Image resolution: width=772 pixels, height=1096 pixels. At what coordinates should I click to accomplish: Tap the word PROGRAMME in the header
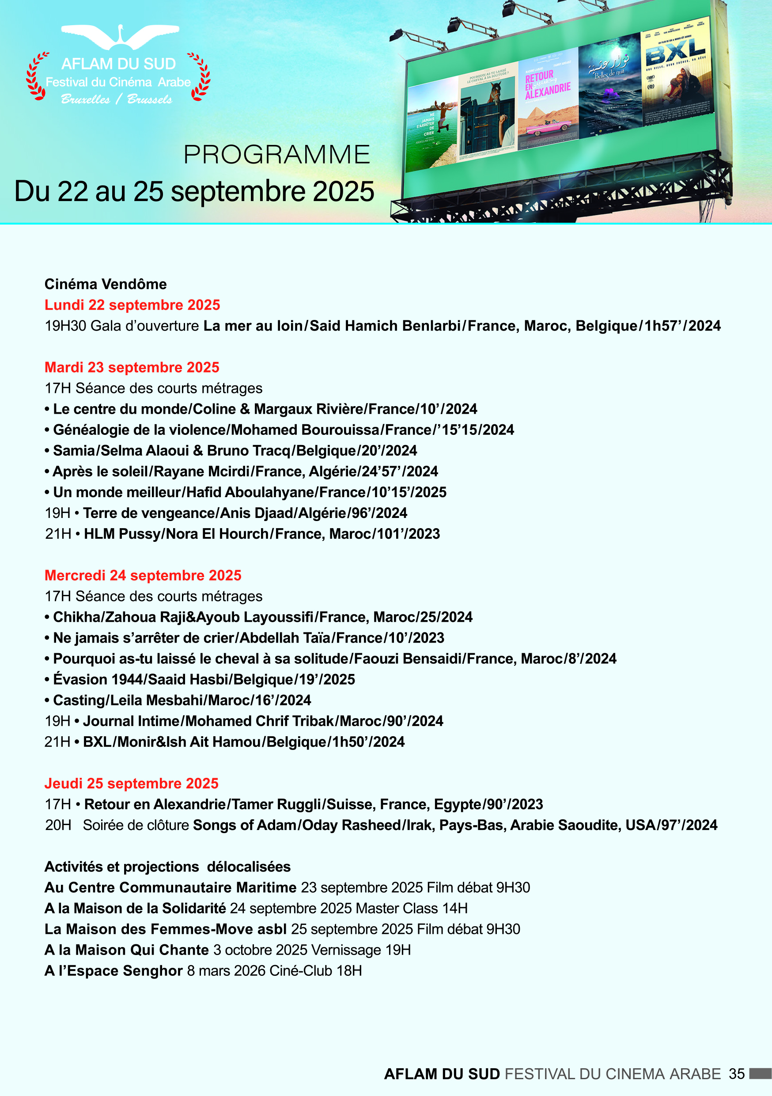click(x=277, y=155)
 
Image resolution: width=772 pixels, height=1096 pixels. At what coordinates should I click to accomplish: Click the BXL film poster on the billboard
click(x=677, y=72)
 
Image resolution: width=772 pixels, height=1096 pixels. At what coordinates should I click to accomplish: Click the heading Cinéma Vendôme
click(x=106, y=284)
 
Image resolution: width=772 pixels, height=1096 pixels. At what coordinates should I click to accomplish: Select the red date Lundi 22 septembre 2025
click(x=132, y=305)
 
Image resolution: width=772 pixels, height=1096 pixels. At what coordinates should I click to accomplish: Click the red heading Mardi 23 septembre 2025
click(x=132, y=367)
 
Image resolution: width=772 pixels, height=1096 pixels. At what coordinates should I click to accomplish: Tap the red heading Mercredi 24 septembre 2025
click(x=143, y=575)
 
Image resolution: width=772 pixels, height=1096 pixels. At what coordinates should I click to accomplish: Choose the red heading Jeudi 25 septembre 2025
click(x=131, y=784)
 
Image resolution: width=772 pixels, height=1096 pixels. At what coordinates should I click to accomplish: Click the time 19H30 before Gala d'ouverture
click(x=65, y=326)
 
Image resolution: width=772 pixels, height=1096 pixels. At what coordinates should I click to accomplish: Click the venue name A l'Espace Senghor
click(x=114, y=970)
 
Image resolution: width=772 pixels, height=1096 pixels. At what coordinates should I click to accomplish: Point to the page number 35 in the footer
click(x=736, y=1073)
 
